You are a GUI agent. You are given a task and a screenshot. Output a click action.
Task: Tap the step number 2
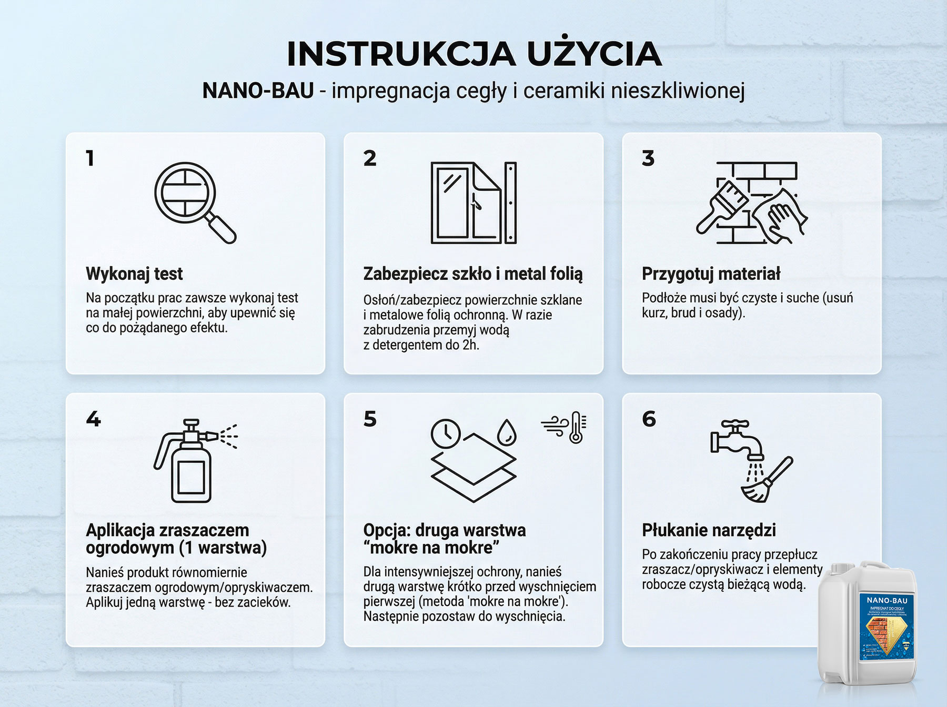[370, 158]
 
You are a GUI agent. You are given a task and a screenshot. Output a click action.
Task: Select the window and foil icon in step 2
[473, 203]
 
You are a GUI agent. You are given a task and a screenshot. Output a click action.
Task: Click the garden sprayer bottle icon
[192, 462]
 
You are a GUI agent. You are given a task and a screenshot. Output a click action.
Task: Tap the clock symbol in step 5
[446, 433]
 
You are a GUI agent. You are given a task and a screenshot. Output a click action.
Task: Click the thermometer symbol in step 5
[577, 427]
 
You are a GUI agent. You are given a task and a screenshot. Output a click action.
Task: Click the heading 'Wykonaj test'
[134, 274]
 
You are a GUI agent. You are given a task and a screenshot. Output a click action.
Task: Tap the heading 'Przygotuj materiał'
[711, 274]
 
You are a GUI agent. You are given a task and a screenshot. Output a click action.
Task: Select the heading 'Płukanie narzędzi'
[709, 530]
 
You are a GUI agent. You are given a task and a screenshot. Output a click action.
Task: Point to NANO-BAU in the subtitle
[258, 91]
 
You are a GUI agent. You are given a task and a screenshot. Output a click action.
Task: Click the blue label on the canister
[888, 626]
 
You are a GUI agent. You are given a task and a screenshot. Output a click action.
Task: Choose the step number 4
[93, 419]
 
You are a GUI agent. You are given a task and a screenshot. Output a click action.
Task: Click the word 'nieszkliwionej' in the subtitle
[677, 91]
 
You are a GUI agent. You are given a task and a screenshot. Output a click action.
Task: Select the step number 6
[649, 419]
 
